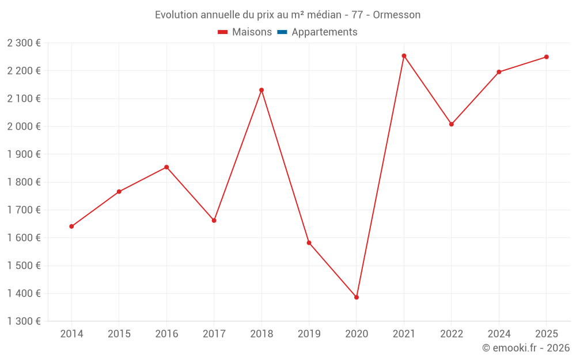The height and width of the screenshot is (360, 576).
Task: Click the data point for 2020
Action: point(357,297)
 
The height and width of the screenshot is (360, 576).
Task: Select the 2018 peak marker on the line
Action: point(262,90)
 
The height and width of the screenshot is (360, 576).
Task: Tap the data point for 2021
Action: point(404,56)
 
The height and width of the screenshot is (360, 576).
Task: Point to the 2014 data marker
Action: point(71,226)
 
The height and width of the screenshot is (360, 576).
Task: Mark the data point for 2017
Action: point(214,221)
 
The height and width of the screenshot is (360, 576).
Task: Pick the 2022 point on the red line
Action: point(452,124)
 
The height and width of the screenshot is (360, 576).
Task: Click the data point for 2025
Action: point(547,57)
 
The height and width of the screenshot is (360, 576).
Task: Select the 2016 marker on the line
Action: point(166,167)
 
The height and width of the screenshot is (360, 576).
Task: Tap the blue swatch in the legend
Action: point(282,32)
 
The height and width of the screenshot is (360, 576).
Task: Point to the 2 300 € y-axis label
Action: point(24,43)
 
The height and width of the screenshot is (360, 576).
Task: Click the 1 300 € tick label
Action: point(24,321)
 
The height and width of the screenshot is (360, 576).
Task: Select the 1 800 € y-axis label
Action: point(24,182)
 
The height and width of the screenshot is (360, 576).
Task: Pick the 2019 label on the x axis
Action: point(309,334)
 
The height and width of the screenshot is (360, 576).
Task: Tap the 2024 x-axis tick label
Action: point(499,334)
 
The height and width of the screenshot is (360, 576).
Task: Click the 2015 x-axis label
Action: point(119,334)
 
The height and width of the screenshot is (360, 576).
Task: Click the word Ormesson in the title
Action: point(396,14)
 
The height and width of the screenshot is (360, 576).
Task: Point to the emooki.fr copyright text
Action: point(526,348)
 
